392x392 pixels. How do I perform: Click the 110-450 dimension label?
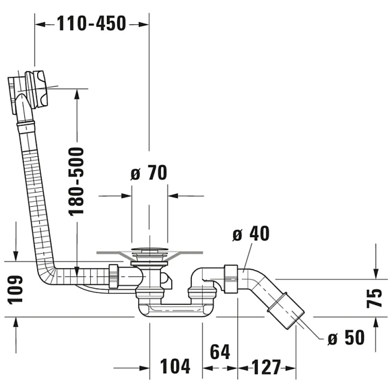91,24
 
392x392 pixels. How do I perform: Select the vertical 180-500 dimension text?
76,181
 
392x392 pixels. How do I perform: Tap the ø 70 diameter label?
148,173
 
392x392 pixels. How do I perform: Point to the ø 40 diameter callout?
251,234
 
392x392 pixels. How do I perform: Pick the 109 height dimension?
16,289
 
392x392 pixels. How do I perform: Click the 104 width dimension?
175,367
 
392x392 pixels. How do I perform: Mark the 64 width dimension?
220,352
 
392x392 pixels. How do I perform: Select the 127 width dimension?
266,367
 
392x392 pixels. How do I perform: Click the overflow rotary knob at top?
38,89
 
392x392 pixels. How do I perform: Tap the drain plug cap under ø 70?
149,251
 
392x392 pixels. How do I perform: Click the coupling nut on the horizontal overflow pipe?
113,276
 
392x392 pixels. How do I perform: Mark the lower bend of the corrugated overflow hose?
46,271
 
